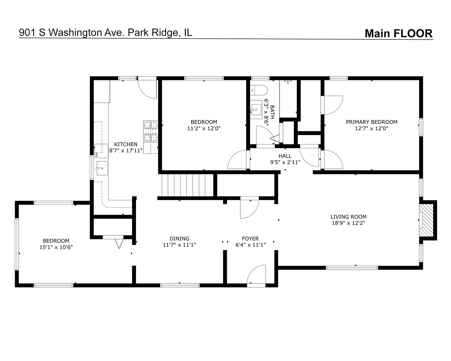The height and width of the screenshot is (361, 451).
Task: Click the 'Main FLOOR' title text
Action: click(398, 33)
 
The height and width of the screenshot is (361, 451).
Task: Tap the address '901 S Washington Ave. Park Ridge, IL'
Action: click(106, 32)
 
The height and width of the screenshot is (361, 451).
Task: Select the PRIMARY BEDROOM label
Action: click(371, 122)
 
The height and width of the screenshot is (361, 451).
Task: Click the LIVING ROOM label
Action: click(348, 217)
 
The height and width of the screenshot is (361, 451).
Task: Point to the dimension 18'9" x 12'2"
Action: click(348, 223)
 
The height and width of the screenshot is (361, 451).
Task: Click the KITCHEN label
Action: click(126, 144)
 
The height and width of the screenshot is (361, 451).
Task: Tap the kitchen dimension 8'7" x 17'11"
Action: click(126, 151)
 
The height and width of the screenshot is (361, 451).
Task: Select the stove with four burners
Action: click(150, 131)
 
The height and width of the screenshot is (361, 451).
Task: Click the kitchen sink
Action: click(101, 168)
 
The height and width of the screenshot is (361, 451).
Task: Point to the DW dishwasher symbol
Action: click(97, 154)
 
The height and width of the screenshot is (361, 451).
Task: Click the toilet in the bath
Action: click(259, 90)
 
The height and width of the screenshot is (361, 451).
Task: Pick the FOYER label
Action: click(250, 239)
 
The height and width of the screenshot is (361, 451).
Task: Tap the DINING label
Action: click(179, 239)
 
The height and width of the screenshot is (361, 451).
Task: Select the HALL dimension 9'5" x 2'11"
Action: click(285, 162)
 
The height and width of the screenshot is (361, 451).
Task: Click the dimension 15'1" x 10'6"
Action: click(56, 247)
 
